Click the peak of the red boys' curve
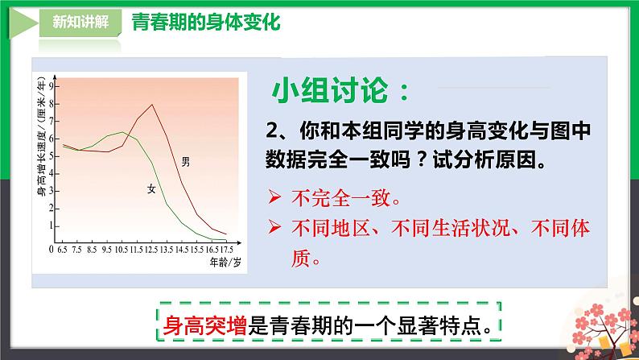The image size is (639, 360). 152,105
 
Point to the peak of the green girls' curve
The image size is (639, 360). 123,132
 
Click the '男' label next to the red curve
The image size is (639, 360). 186,162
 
